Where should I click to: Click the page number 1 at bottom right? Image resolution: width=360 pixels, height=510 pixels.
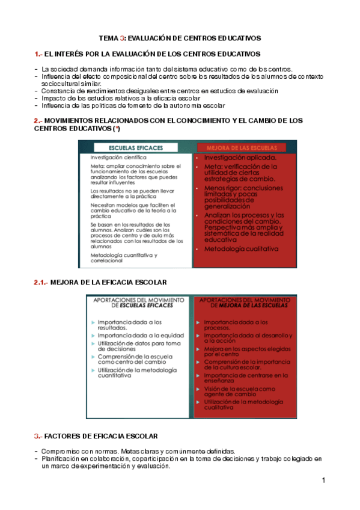323,480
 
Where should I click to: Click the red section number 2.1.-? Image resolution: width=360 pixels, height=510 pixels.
41,282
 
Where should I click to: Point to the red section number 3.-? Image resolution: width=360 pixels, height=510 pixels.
38,435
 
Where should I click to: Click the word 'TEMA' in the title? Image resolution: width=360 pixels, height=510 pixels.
108,38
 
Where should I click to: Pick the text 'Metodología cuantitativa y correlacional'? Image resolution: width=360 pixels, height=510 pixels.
120,257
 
